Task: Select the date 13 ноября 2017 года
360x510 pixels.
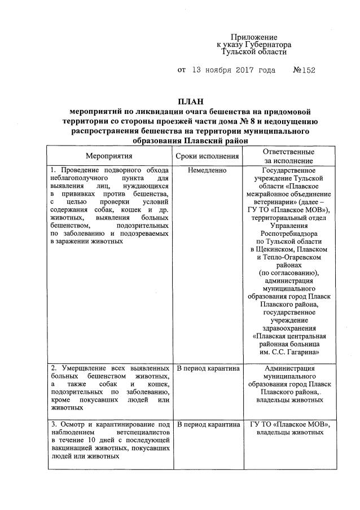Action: click(234, 71)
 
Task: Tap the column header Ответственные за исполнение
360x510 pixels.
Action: click(288, 156)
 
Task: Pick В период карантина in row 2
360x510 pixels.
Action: click(208, 369)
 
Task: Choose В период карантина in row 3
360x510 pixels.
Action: click(208, 424)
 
